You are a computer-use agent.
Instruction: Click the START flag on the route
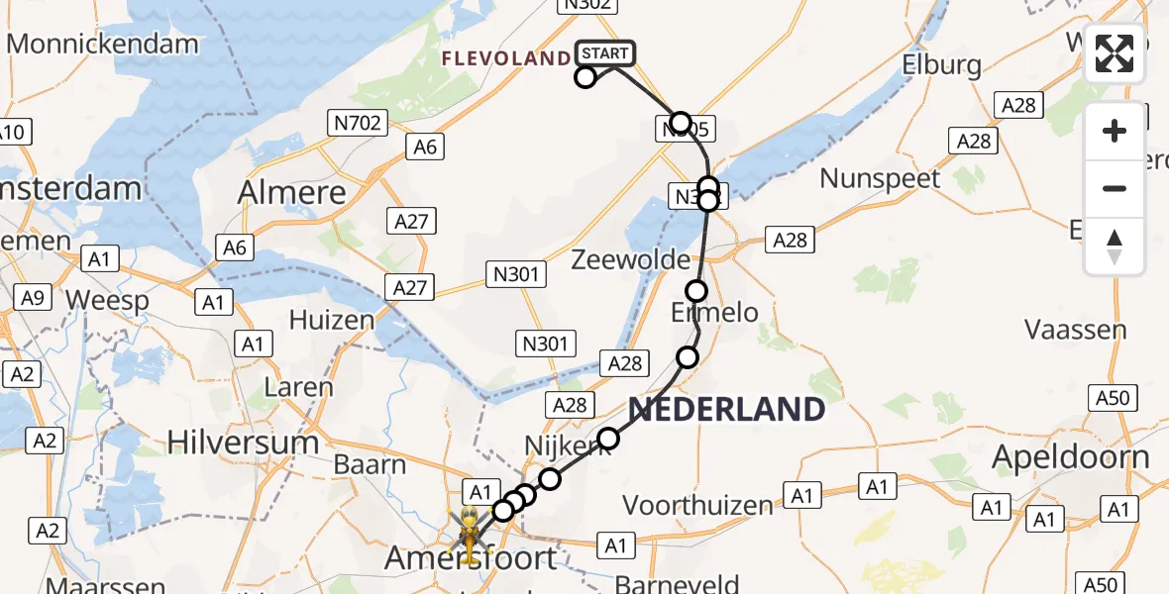click(x=603, y=53)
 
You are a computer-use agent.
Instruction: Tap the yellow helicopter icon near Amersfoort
click(x=467, y=531)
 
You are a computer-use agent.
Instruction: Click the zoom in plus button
click(x=1115, y=131)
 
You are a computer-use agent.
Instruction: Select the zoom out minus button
click(x=1115, y=188)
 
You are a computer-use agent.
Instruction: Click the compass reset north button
click(x=1115, y=247)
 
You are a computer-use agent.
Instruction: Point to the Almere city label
click(x=292, y=192)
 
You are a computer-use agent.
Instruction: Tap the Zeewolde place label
click(x=631, y=259)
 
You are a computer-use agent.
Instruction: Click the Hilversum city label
click(x=243, y=442)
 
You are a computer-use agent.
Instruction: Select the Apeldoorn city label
click(x=1070, y=457)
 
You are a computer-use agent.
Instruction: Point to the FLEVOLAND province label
click(x=506, y=59)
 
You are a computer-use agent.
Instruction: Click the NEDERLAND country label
click(x=726, y=409)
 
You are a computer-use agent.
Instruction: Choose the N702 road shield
click(x=357, y=123)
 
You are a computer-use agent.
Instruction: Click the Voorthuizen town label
click(x=697, y=505)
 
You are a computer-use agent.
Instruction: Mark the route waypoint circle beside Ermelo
click(x=696, y=291)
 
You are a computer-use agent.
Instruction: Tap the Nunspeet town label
click(x=881, y=179)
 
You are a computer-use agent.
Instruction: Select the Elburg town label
click(x=941, y=65)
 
